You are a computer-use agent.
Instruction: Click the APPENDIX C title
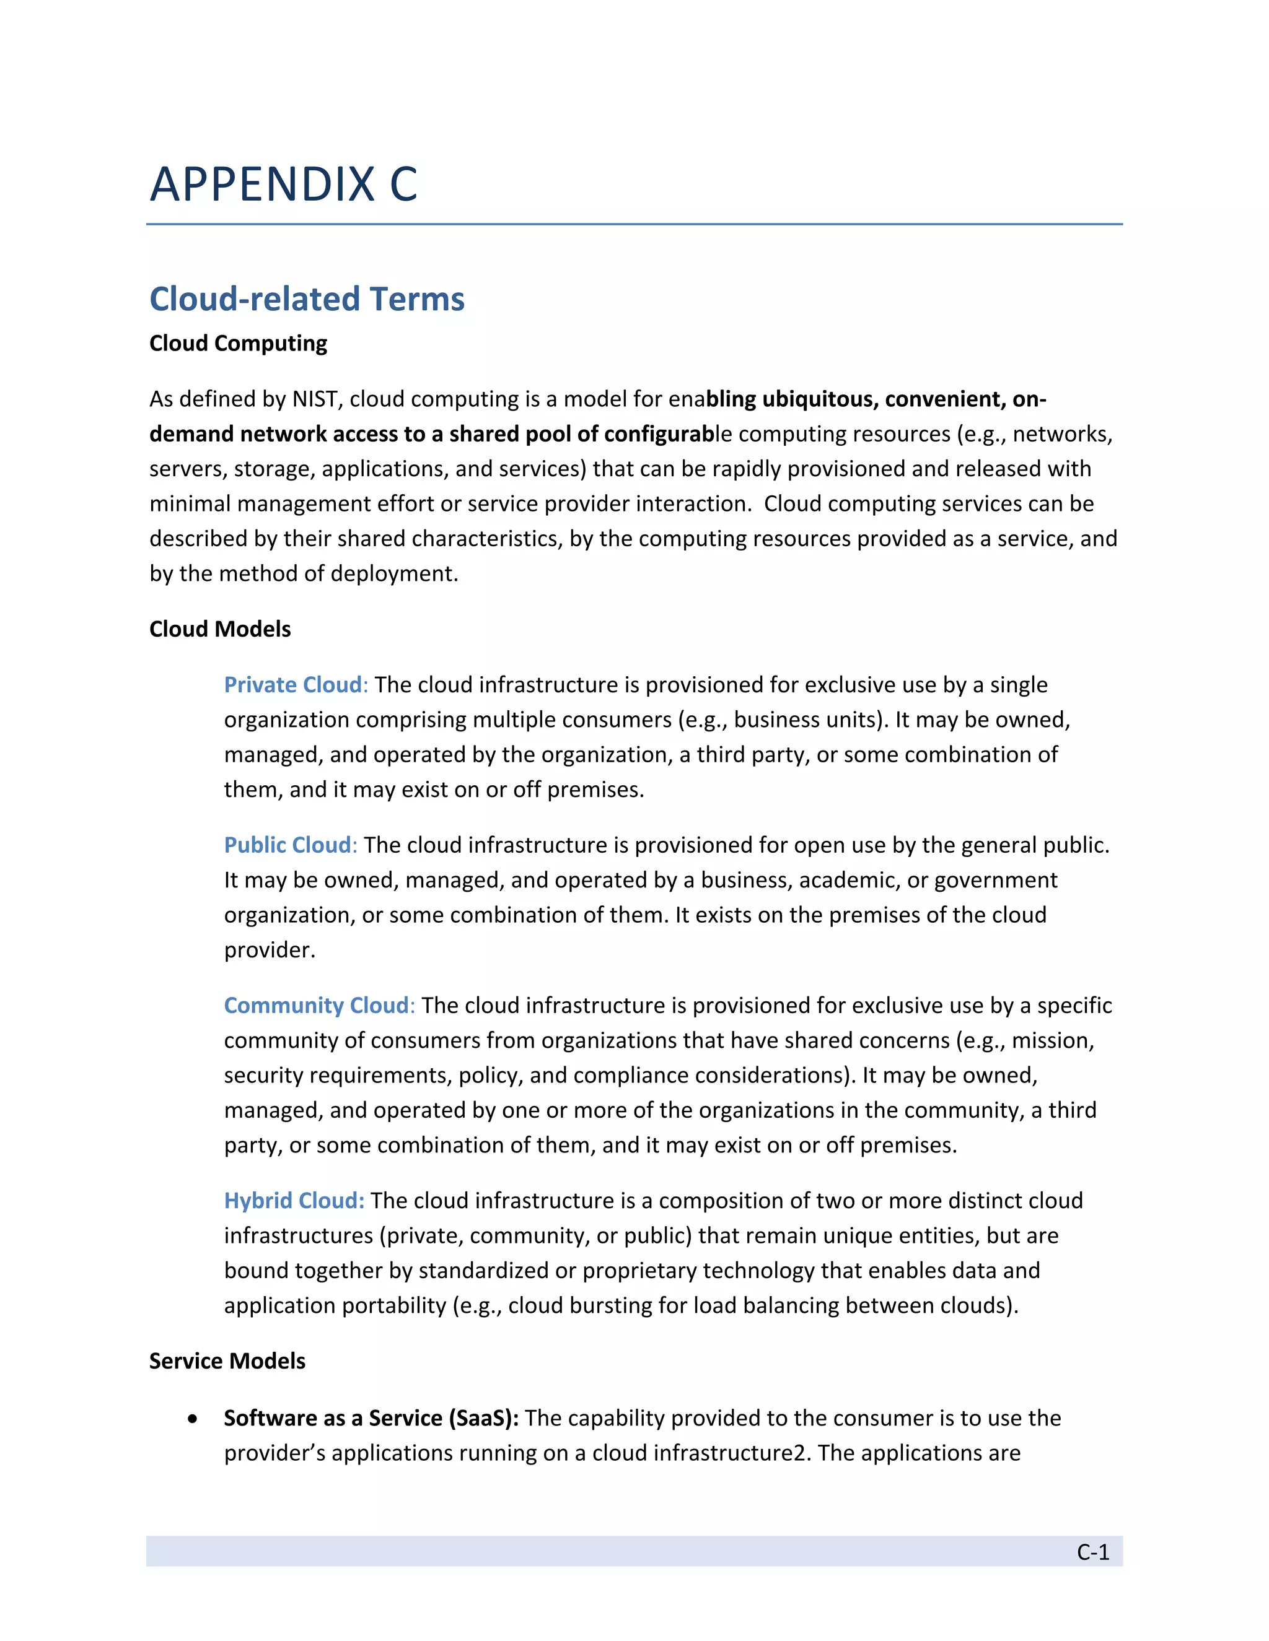[x=283, y=184]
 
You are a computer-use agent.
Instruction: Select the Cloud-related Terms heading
[x=307, y=299]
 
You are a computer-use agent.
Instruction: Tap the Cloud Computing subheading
[x=237, y=344]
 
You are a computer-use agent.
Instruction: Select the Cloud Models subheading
[x=219, y=629]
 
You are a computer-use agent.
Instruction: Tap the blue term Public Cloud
[x=287, y=845]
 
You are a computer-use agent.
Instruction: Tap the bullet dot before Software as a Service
[x=194, y=1419]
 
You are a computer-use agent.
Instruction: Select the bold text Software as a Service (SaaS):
[x=371, y=1418]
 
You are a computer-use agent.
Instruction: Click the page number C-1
[x=1092, y=1552]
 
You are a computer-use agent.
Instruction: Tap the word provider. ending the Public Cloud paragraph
[x=269, y=951]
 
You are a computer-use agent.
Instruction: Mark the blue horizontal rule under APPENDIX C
[x=634, y=224]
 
